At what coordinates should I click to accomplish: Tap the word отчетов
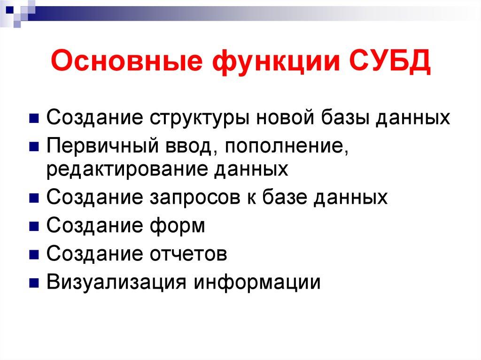[x=189, y=254]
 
